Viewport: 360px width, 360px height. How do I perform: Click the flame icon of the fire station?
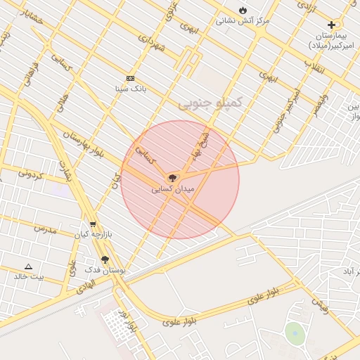coord(243,11)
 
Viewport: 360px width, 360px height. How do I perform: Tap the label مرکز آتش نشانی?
coord(240,20)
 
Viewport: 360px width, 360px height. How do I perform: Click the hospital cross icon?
coord(331,25)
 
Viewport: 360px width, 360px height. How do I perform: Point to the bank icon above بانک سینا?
coord(130,78)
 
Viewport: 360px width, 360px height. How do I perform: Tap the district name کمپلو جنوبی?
coord(209,103)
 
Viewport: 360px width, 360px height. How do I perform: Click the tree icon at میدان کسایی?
coord(173,178)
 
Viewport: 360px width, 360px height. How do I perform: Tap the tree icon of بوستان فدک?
coord(105,259)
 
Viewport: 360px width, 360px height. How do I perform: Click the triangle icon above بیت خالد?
coord(28,266)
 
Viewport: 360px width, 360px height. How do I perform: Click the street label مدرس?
coord(44,229)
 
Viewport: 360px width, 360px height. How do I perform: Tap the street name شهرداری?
coord(151,44)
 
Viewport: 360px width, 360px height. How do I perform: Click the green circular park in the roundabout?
coord(295,334)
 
